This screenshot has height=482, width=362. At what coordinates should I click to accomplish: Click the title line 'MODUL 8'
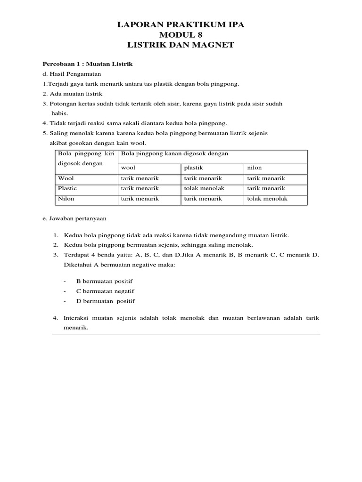tap(181, 35)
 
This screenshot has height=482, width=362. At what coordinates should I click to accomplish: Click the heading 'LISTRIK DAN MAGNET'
tap(181, 45)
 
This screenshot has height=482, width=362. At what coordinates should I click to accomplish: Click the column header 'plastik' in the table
tap(193, 168)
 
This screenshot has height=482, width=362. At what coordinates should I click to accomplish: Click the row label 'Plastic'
tap(67, 188)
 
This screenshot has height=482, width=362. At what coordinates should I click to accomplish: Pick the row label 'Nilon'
tap(66, 199)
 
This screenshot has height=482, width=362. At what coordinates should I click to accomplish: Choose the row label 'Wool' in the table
tap(66, 178)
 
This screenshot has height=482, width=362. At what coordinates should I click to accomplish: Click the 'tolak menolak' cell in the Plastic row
tap(204, 188)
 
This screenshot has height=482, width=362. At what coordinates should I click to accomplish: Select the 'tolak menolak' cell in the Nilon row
tap(267, 199)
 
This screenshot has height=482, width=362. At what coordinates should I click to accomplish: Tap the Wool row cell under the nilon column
tap(266, 178)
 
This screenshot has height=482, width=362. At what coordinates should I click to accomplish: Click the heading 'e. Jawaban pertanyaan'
tap(74, 218)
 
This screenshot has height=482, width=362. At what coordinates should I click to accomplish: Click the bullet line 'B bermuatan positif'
tap(107, 281)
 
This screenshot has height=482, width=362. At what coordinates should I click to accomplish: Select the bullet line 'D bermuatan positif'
tap(106, 301)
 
